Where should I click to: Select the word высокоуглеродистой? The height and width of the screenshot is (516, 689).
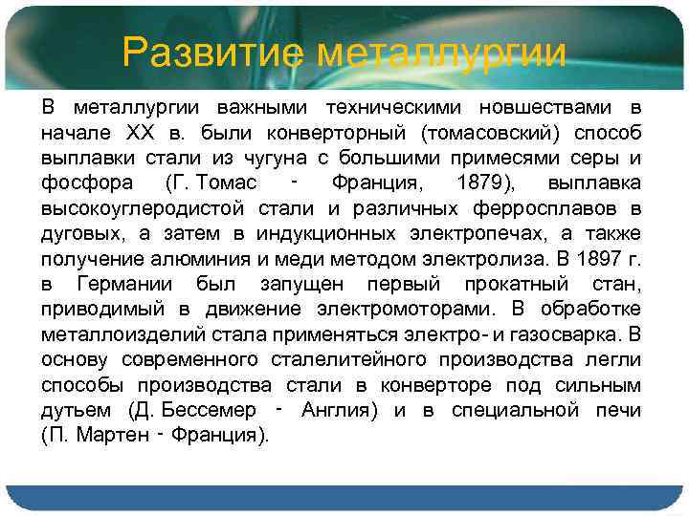click(134, 207)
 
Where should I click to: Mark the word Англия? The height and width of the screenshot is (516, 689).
click(337, 410)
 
